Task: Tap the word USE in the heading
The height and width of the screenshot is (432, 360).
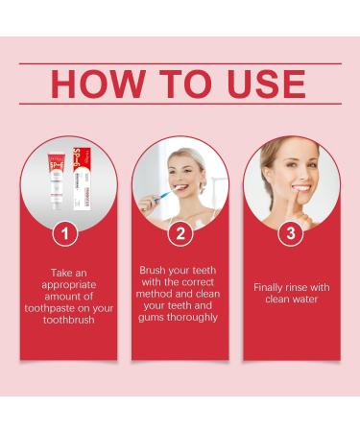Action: click(261, 84)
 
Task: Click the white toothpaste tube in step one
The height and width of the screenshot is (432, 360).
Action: click(57, 183)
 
